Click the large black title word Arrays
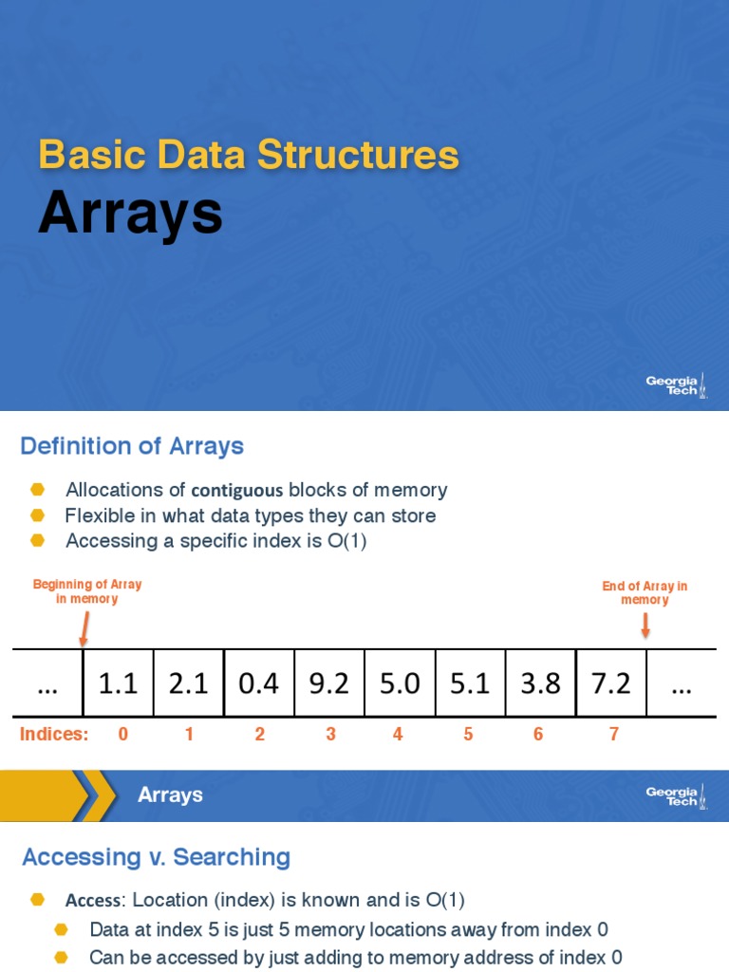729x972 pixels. (x=130, y=215)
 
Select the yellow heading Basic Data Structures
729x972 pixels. (x=249, y=155)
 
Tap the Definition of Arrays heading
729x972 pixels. (x=132, y=446)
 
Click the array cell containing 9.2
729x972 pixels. (x=329, y=683)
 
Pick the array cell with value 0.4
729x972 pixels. (x=259, y=683)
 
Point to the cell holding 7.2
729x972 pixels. (x=611, y=683)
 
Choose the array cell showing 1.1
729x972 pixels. (x=119, y=683)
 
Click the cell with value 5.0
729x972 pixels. (x=400, y=683)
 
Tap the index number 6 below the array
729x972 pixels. (x=538, y=735)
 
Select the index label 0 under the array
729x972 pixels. (x=122, y=735)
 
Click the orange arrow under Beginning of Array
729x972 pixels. (x=84, y=626)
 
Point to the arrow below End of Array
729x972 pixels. (x=645, y=625)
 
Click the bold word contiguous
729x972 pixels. (x=237, y=491)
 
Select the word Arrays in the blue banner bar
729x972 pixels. (x=170, y=794)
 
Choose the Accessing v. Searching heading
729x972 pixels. (x=156, y=858)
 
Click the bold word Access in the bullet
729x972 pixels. (x=93, y=901)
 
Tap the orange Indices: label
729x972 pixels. (x=54, y=735)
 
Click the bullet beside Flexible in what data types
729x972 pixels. (x=38, y=515)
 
